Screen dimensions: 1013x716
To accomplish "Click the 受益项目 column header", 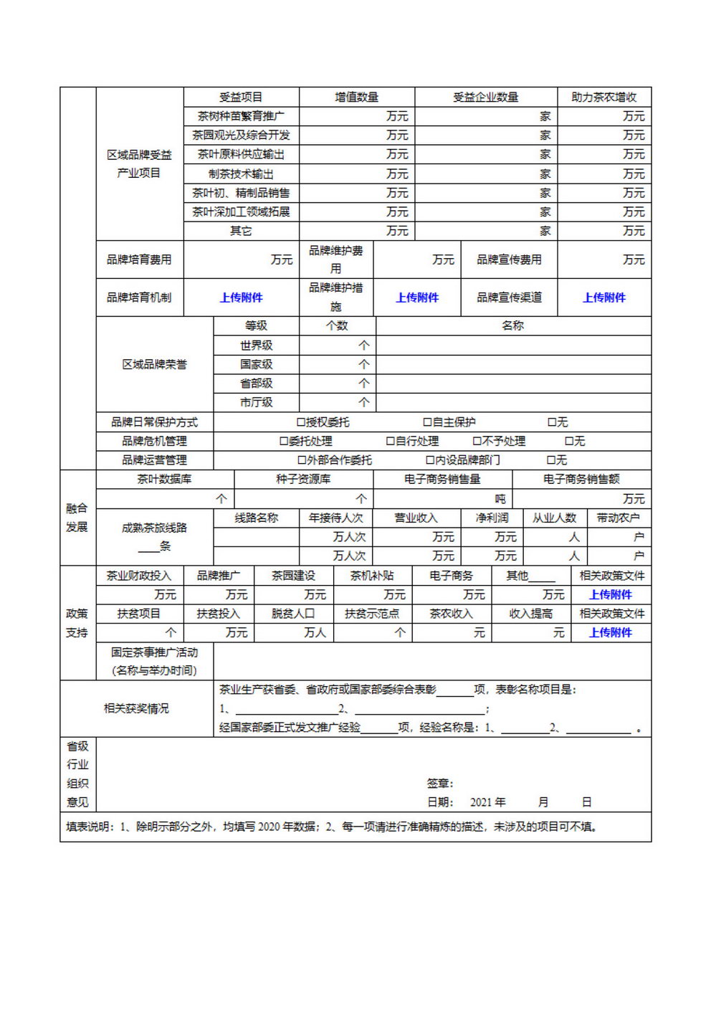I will pyautogui.click(x=241, y=97).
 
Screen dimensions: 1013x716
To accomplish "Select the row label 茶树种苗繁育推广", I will pyautogui.click(x=241, y=116).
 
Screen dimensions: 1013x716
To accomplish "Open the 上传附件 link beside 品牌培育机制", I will pyautogui.click(x=241, y=298).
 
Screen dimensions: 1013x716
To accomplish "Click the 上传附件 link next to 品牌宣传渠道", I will pyautogui.click(x=603, y=298).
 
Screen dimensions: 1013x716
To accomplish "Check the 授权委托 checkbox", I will pyautogui.click(x=302, y=422).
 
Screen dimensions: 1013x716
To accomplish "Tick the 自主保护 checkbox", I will pyautogui.click(x=428, y=422).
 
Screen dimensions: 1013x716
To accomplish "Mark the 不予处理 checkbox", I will pyautogui.click(x=477, y=441).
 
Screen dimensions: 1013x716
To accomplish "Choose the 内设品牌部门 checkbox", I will pyautogui.click(x=431, y=460).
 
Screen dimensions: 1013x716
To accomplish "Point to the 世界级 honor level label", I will pyautogui.click(x=256, y=345).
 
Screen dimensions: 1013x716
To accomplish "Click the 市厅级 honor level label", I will pyautogui.click(x=256, y=402).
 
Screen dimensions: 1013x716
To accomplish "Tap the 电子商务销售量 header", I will pyautogui.click(x=442, y=479).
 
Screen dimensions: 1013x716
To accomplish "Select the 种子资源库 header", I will pyautogui.click(x=303, y=479).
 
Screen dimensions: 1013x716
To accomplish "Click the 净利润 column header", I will pyautogui.click(x=492, y=518).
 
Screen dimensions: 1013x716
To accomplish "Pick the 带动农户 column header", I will pyautogui.click(x=619, y=518).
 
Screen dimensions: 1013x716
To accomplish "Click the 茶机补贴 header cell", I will pyautogui.click(x=372, y=576).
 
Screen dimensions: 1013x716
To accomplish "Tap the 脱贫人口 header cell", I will pyautogui.click(x=293, y=614).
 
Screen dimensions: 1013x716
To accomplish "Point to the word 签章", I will pyautogui.click(x=439, y=784).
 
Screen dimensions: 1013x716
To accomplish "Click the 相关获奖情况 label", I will pyautogui.click(x=136, y=708).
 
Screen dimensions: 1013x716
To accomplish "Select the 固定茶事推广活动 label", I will pyautogui.click(x=154, y=652).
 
